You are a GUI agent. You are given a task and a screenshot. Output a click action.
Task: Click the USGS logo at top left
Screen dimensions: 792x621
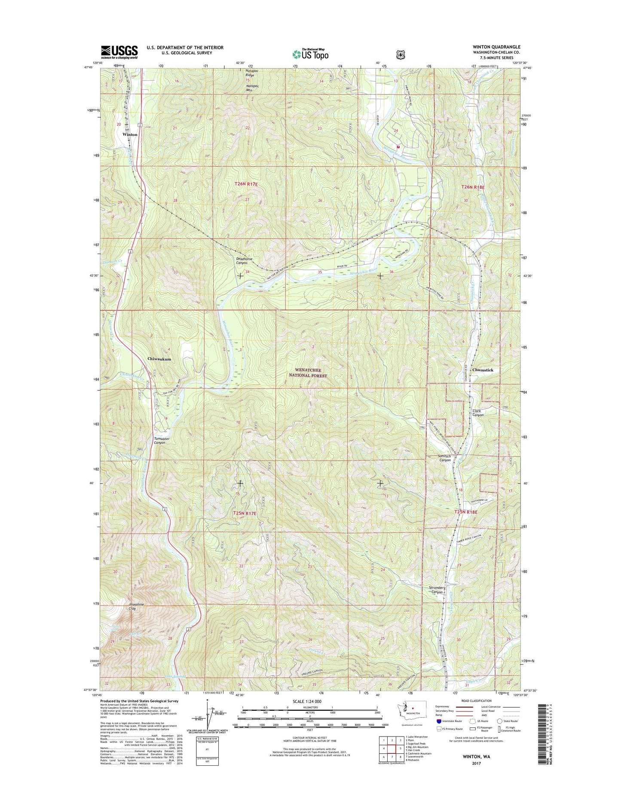pyautogui.click(x=119, y=52)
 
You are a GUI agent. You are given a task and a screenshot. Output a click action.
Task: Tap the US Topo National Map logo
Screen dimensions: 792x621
pyautogui.click(x=310, y=54)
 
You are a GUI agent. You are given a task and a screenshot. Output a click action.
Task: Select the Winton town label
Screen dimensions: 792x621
pyautogui.click(x=130, y=135)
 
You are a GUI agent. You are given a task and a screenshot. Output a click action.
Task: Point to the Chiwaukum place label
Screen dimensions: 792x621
pyautogui.click(x=159, y=359)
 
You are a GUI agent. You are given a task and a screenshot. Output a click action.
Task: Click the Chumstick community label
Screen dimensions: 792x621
pyautogui.click(x=483, y=370)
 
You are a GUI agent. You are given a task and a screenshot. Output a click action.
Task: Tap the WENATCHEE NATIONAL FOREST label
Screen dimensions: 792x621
pyautogui.click(x=308, y=373)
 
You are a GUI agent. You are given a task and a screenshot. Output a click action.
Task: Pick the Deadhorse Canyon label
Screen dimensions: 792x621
pyautogui.click(x=244, y=261)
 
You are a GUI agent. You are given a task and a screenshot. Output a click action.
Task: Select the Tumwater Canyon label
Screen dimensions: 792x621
pyautogui.click(x=159, y=440)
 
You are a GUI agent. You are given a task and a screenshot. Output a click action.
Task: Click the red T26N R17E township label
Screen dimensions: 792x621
pyautogui.click(x=246, y=184)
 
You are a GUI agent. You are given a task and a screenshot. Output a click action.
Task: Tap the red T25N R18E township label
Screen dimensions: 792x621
pyautogui.click(x=466, y=512)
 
